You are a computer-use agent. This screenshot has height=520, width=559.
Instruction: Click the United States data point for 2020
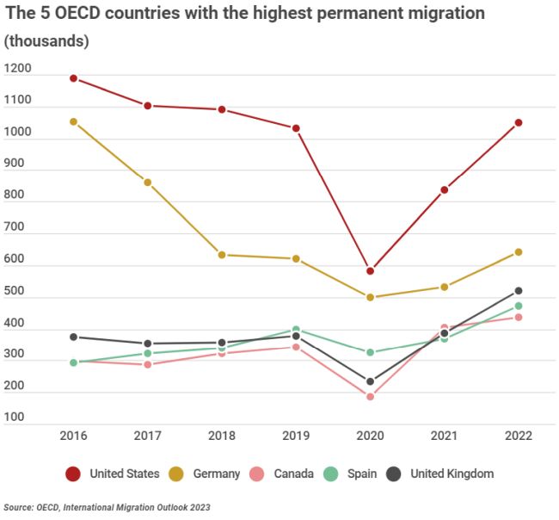[x=370, y=271]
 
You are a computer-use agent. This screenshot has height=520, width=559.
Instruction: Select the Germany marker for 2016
[x=73, y=122]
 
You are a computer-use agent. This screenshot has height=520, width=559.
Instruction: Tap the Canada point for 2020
[x=370, y=397]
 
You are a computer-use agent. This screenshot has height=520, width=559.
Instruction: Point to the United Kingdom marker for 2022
[x=519, y=291]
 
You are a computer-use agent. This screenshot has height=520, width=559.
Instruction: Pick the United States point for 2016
[x=73, y=78]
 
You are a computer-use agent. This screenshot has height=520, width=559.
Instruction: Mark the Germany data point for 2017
[x=148, y=183]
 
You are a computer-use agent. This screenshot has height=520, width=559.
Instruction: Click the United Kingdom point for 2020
[x=370, y=381]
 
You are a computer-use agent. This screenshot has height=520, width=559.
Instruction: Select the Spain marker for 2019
[x=296, y=330]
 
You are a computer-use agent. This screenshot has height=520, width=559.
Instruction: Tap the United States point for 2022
[x=519, y=122]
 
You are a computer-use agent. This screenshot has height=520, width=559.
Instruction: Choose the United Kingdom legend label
[x=451, y=474]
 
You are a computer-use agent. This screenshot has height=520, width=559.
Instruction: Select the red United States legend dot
[x=74, y=474]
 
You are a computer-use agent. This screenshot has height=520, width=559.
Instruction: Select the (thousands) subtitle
[x=46, y=41]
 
